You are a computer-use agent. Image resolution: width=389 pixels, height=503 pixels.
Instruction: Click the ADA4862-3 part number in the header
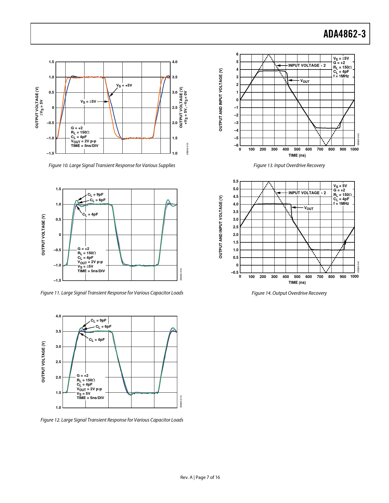[x=344, y=34]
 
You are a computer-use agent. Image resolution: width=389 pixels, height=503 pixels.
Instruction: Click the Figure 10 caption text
[x=112, y=165]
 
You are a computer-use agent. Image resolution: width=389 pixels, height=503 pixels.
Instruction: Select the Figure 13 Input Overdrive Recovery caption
[x=289, y=165]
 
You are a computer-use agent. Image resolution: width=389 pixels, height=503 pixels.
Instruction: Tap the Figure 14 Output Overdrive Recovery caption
[x=289, y=293]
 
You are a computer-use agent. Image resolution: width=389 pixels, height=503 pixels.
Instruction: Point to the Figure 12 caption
[x=112, y=420]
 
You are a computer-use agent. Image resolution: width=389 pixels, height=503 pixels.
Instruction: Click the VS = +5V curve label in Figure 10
[x=124, y=85]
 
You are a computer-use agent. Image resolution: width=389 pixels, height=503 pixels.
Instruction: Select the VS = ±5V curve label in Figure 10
[x=88, y=102]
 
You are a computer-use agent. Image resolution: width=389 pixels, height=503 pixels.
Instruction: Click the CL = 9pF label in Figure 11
[x=95, y=194]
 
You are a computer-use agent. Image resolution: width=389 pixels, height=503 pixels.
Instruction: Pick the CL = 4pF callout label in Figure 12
[x=97, y=340]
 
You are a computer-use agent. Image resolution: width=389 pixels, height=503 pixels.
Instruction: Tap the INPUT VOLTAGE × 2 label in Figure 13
[x=307, y=66]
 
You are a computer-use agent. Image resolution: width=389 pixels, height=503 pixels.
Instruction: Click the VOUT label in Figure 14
[x=309, y=208]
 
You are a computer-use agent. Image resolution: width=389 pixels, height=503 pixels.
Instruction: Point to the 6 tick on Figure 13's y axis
[x=237, y=54]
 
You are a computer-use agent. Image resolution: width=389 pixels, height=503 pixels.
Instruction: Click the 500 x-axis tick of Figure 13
[x=297, y=149]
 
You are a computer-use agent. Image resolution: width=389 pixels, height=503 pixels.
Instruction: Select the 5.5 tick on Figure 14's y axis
[x=236, y=181]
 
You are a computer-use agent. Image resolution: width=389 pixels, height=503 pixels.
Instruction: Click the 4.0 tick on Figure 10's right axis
[x=175, y=62]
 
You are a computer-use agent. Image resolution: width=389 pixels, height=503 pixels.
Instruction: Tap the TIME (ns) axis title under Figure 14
[x=297, y=282]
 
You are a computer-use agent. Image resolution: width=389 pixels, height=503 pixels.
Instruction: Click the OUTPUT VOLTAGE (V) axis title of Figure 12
[x=43, y=362]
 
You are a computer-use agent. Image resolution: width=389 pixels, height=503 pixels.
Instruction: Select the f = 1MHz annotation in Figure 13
[x=341, y=76]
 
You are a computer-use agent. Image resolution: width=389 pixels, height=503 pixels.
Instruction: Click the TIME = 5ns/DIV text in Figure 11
[x=91, y=271]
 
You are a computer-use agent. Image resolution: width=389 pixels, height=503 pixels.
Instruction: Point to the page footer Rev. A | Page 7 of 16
[x=200, y=477]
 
